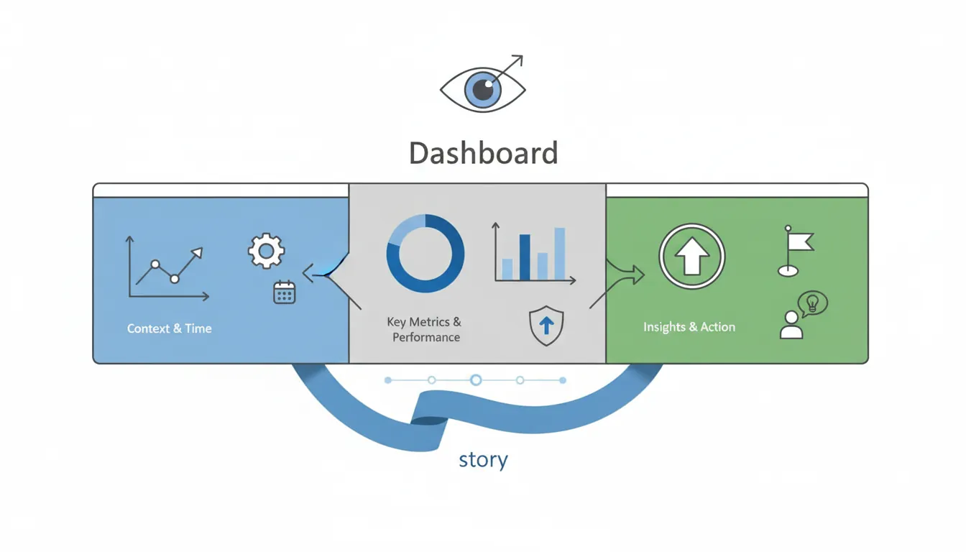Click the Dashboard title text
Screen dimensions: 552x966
[483, 153]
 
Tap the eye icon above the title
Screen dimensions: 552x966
[482, 91]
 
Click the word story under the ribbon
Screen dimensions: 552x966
[483, 459]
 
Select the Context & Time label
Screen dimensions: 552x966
[169, 328]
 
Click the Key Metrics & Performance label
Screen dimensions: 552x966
[425, 329]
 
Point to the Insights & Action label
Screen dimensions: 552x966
[689, 327]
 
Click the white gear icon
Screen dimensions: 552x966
[266, 251]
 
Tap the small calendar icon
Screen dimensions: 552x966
[285, 292]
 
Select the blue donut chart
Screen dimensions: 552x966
[425, 253]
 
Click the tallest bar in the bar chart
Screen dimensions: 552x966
[560, 253]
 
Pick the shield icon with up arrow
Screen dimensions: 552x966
[546, 326]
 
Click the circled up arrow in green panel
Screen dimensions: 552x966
[691, 257]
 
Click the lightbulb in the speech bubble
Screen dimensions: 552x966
[813, 302]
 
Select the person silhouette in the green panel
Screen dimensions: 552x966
[791, 326]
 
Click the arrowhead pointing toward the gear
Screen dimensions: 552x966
[309, 272]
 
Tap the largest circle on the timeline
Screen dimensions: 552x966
[475, 379]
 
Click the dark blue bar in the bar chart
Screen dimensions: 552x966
[525, 257]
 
